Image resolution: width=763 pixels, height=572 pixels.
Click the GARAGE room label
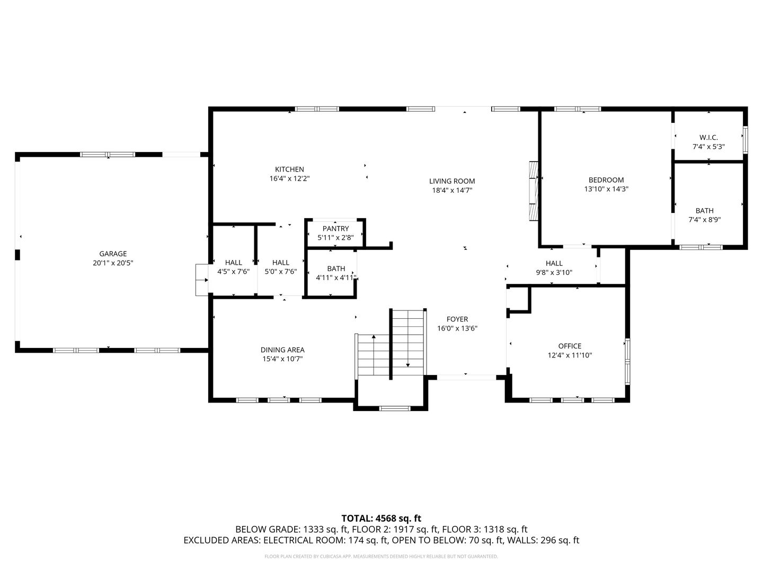(113, 254)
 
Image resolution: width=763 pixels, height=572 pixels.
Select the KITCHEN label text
(289, 169)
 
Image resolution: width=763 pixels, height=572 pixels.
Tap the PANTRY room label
(335, 229)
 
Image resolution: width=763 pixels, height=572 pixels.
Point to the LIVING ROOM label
(452, 181)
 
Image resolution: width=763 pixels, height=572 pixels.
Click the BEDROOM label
(606, 180)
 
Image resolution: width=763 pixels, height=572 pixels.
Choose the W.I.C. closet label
(708, 138)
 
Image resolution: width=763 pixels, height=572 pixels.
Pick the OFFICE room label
(570, 346)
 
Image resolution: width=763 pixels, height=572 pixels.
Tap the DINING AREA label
(282, 350)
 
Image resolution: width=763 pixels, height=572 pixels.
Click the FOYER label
(457, 319)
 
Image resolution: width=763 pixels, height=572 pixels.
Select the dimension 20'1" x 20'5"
(113, 263)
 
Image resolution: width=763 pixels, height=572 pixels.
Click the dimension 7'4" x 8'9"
(704, 220)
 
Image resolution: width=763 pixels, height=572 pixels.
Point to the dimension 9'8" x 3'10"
(554, 273)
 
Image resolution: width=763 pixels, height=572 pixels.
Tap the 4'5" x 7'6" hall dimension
(233, 272)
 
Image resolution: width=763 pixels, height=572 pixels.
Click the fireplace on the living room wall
(533, 190)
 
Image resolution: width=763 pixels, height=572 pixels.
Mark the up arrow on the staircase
(374, 337)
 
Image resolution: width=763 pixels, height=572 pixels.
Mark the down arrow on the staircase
(408, 364)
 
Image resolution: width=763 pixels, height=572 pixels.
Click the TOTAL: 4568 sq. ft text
(381, 518)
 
